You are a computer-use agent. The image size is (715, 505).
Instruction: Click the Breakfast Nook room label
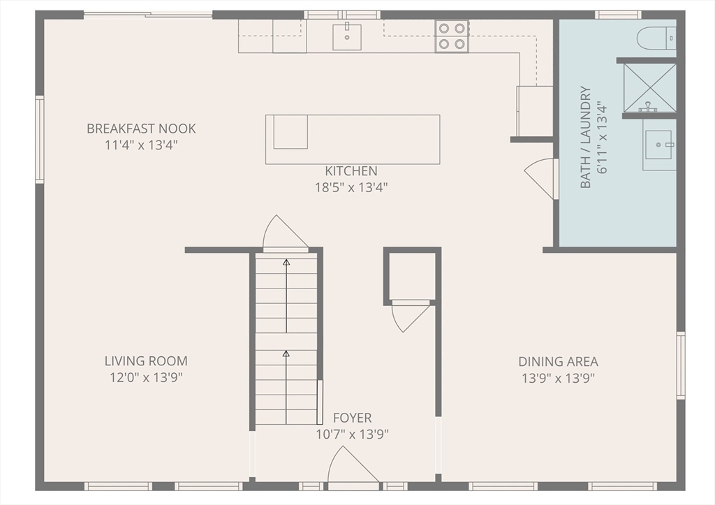141,129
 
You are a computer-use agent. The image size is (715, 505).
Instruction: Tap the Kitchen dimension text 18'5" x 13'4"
351,187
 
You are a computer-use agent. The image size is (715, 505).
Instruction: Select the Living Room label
146,361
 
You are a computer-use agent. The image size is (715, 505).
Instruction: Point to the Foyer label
352,418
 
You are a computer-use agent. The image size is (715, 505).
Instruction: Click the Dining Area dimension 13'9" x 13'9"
558,378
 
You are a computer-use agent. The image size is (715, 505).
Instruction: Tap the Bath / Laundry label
586,138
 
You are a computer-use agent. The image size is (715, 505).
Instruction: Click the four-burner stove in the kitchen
452,36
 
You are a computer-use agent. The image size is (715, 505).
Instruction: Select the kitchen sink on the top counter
347,36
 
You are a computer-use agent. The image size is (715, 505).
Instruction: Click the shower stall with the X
650,87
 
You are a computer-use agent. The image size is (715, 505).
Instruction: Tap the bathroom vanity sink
658,145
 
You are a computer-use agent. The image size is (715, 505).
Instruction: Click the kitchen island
353,139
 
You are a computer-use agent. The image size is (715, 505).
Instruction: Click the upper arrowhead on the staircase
286,263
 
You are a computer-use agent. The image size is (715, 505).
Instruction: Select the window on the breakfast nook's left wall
40,139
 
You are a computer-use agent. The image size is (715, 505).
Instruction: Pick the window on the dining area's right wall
681,365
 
